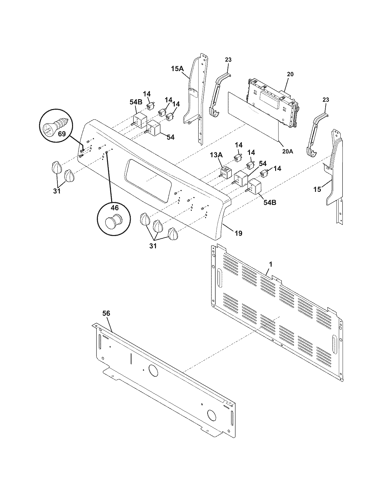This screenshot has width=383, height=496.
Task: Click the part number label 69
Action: pyautogui.click(x=62, y=134)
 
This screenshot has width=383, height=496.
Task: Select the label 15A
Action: pyautogui.click(x=177, y=69)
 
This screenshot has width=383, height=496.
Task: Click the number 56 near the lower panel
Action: pyautogui.click(x=106, y=313)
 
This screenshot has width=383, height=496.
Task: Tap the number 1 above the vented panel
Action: pyautogui.click(x=270, y=264)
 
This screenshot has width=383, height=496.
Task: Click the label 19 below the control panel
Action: pyautogui.click(x=238, y=233)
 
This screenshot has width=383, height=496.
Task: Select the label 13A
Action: pyautogui.click(x=216, y=155)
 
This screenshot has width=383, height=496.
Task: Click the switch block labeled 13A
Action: pyautogui.click(x=226, y=173)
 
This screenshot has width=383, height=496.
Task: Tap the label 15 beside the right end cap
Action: pyautogui.click(x=317, y=189)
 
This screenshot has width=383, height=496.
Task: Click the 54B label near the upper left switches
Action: pyautogui.click(x=135, y=102)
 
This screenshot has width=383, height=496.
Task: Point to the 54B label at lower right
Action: pyautogui.click(x=269, y=202)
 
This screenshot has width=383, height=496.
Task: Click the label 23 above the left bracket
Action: pyautogui.click(x=228, y=60)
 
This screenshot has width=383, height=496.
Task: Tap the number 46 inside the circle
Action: pyautogui.click(x=115, y=208)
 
